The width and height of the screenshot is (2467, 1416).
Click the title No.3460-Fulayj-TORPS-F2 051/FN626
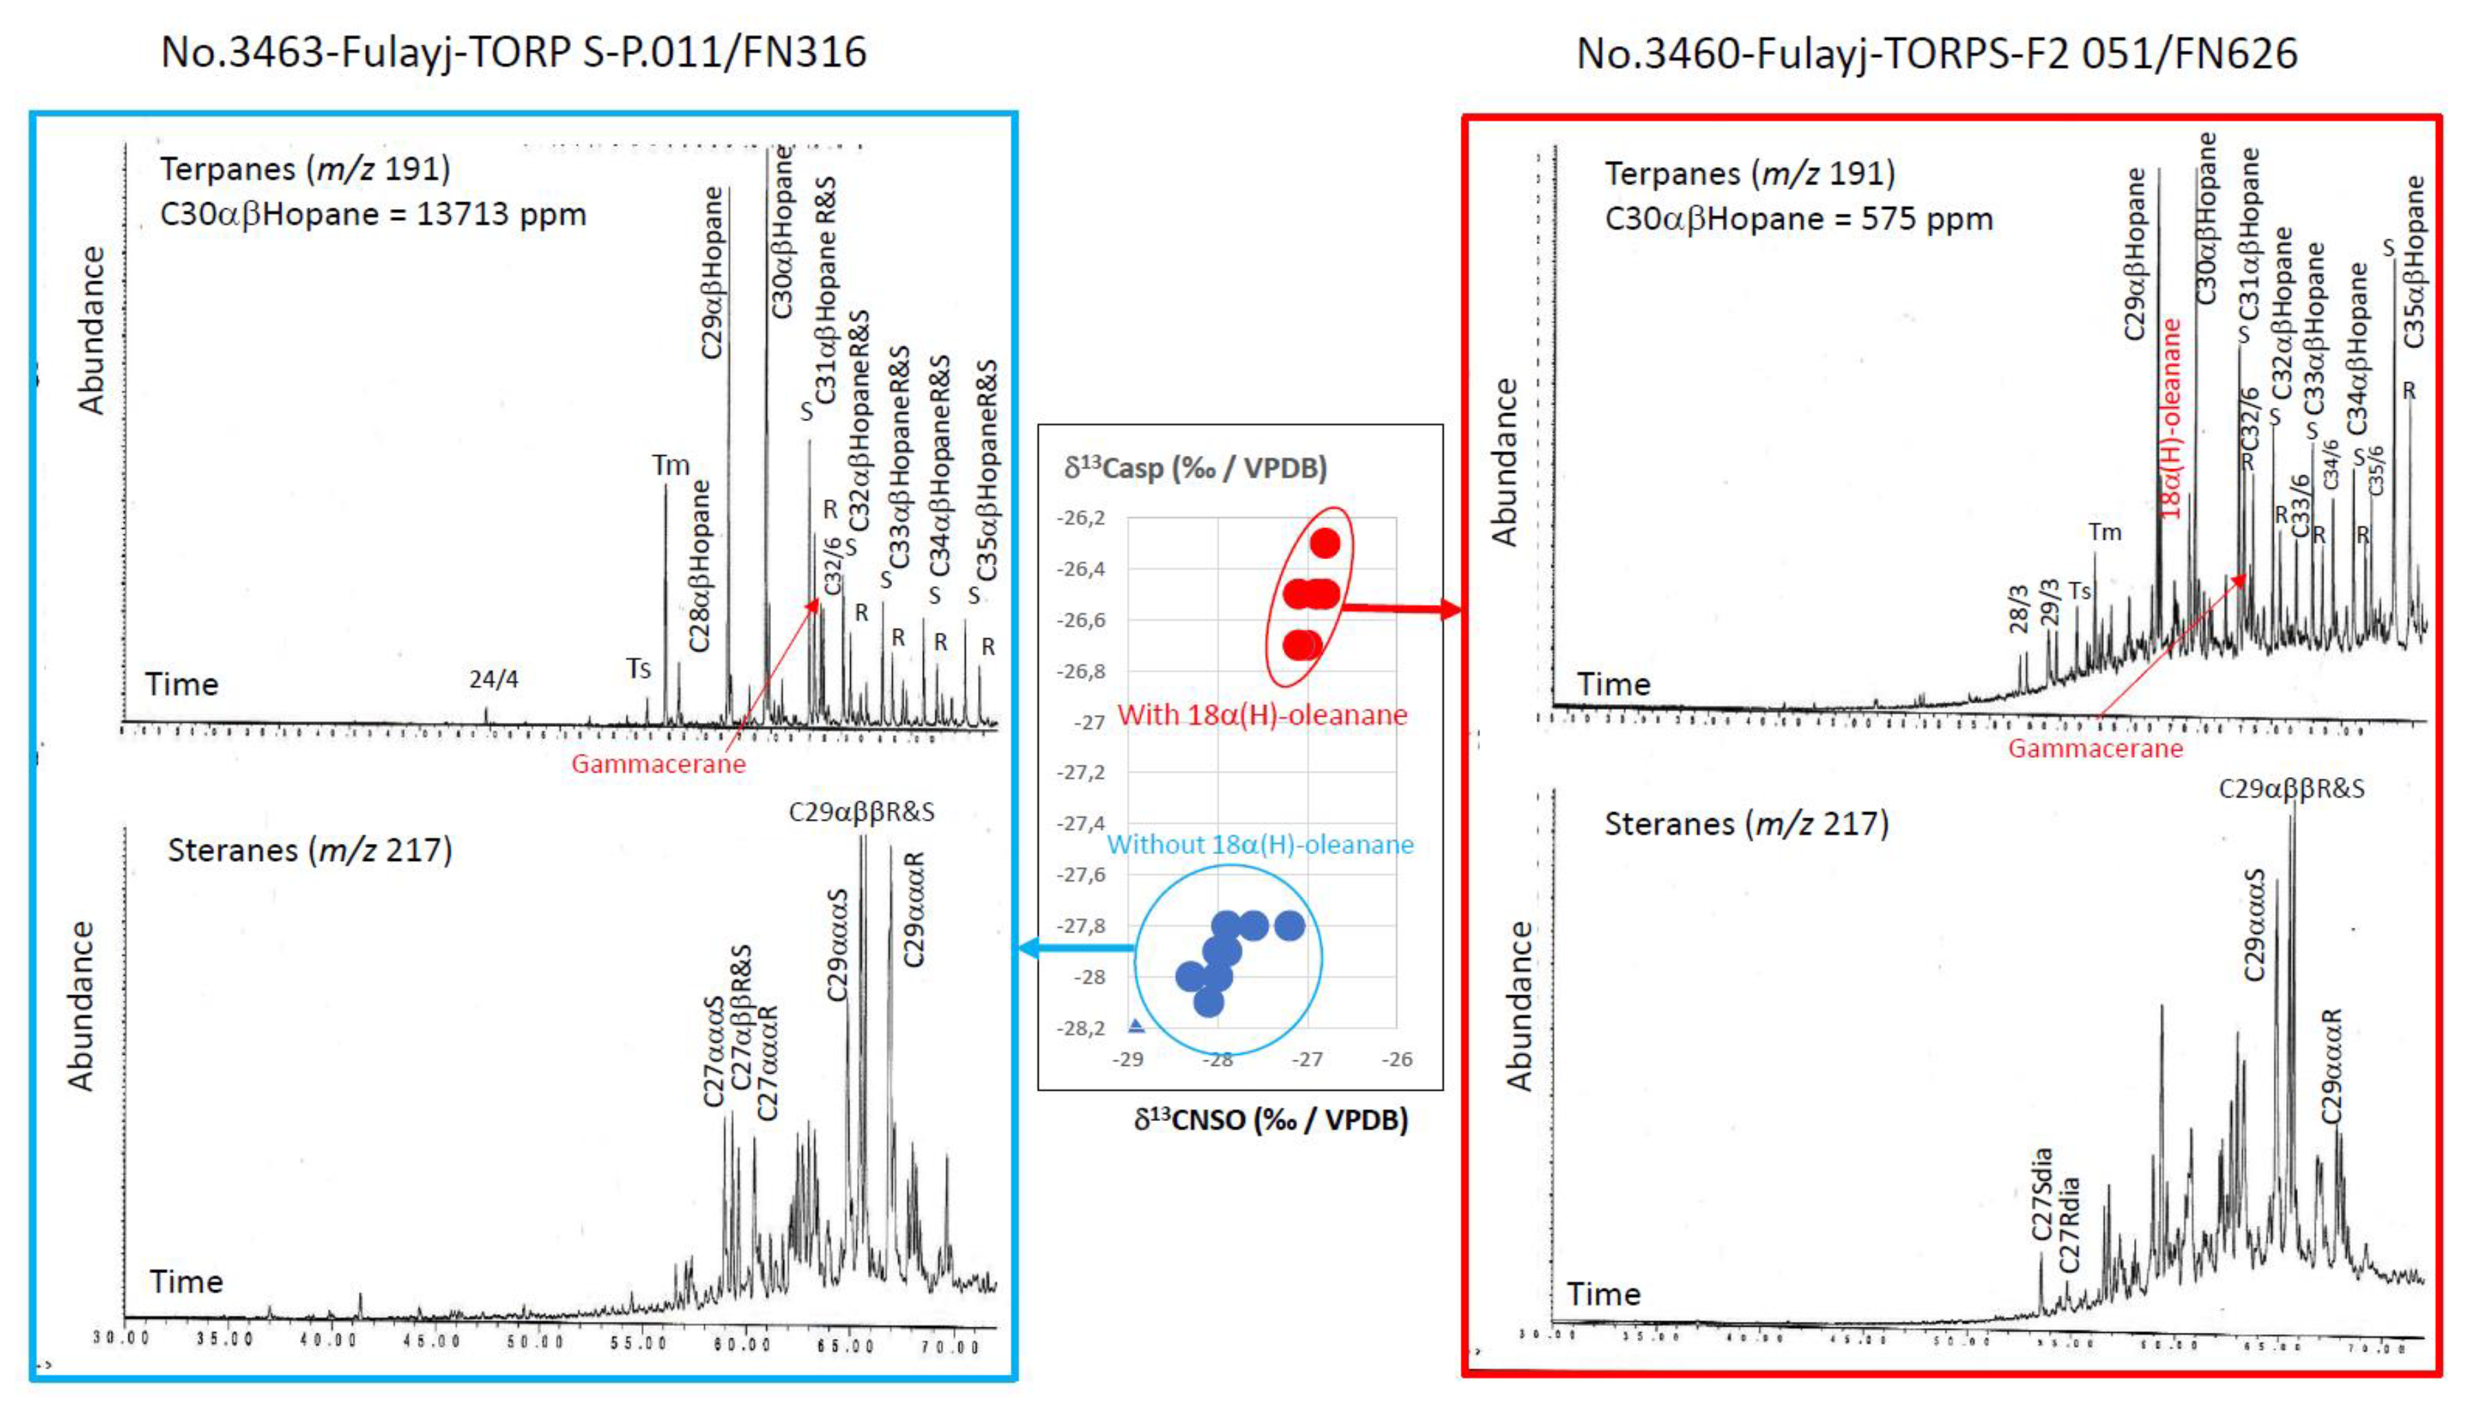[1935, 54]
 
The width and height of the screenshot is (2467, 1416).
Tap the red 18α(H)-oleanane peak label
[2171, 417]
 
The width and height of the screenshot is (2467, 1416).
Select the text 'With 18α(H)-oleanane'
[1262, 715]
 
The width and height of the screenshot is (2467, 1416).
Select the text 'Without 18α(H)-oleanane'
[1260, 844]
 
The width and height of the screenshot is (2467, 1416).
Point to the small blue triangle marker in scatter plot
[1135, 1025]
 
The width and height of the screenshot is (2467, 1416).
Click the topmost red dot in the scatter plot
[1325, 543]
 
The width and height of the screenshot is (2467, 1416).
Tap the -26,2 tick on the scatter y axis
[1081, 517]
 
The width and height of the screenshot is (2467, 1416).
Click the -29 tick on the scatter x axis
[1128, 1059]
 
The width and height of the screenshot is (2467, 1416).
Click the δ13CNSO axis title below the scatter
[1271, 1120]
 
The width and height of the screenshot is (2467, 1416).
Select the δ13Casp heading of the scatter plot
[1195, 468]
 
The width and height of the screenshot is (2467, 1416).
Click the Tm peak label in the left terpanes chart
[670, 465]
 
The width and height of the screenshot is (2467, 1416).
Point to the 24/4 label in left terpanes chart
[494, 679]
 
